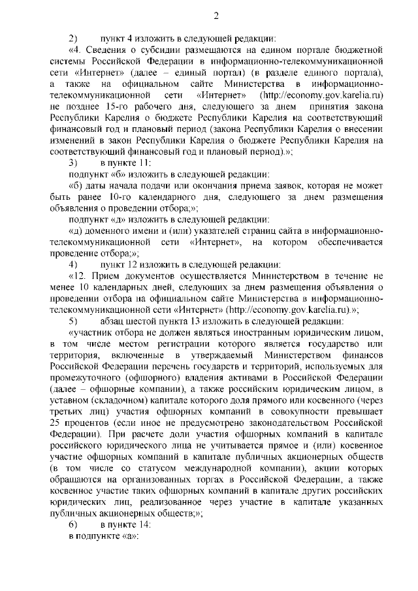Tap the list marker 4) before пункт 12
(x=73, y=264)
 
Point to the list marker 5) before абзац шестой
(x=73, y=321)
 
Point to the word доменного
(x=108, y=231)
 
